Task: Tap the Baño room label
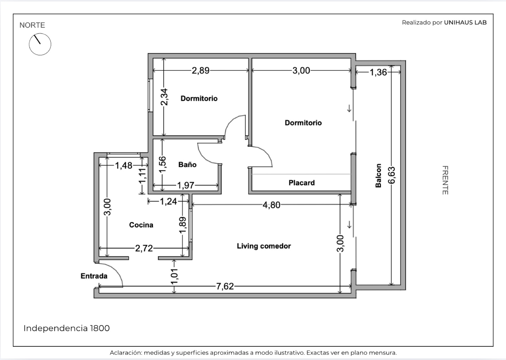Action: [187, 164]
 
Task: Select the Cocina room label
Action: [141, 225]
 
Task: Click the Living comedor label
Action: [264, 246]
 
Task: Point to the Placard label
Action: [302, 183]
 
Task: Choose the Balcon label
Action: [378, 176]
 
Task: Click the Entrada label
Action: [94, 276]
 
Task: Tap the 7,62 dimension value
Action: [225, 286]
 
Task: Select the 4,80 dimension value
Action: [271, 205]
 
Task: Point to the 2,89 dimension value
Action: [201, 71]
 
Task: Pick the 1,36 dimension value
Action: [378, 72]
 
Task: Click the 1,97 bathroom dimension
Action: [185, 185]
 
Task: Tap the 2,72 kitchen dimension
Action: [144, 248]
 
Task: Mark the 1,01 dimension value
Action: [174, 276]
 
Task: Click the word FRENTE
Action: [445, 180]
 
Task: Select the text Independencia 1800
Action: [67, 328]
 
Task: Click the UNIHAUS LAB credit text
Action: [465, 22]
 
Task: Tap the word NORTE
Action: [32, 25]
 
